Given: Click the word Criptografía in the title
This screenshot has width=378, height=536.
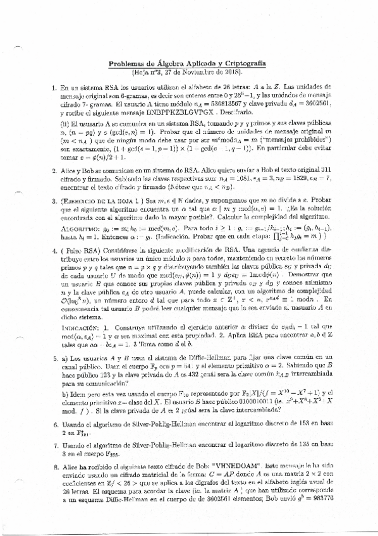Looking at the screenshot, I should click(x=242, y=64).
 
